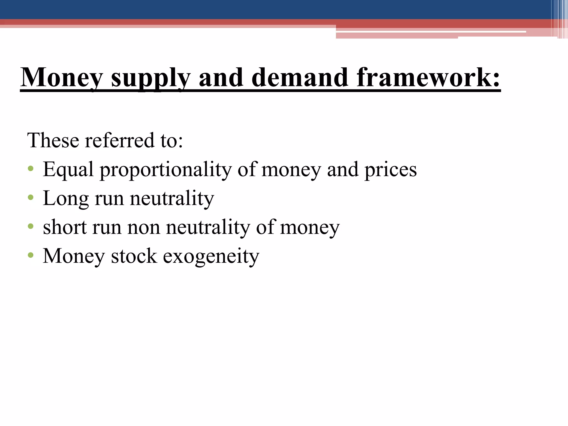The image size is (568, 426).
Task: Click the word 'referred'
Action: point(120,140)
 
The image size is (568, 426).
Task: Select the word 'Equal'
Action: point(68,170)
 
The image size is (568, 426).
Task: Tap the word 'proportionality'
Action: point(166,170)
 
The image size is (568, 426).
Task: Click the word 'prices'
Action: point(390,170)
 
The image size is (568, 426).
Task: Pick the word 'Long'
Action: point(66,199)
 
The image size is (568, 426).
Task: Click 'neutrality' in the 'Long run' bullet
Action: point(172,199)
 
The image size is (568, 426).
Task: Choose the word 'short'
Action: point(65,227)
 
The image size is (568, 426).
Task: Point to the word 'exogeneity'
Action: point(211,257)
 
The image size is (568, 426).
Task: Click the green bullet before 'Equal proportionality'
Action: point(31,169)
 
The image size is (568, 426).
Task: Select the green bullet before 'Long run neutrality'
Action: point(31,197)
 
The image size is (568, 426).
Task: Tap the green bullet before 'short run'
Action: point(31,226)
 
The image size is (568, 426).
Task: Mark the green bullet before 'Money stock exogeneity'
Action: point(31,255)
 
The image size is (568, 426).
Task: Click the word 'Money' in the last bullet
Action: point(74,257)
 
